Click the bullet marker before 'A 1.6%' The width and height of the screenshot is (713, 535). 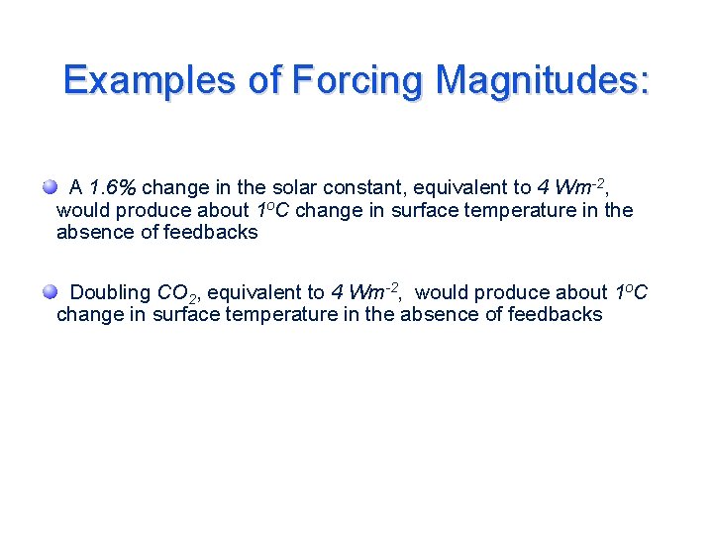pos(50,187)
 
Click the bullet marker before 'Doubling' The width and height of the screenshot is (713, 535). pos(50,291)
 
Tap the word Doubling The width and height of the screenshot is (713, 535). pos(111,292)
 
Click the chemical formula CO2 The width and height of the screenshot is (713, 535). pos(179,293)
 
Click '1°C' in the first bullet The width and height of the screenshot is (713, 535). pos(273,210)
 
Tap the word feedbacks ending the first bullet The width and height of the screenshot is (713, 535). pos(214,233)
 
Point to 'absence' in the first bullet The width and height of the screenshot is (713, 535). pos(93,233)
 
